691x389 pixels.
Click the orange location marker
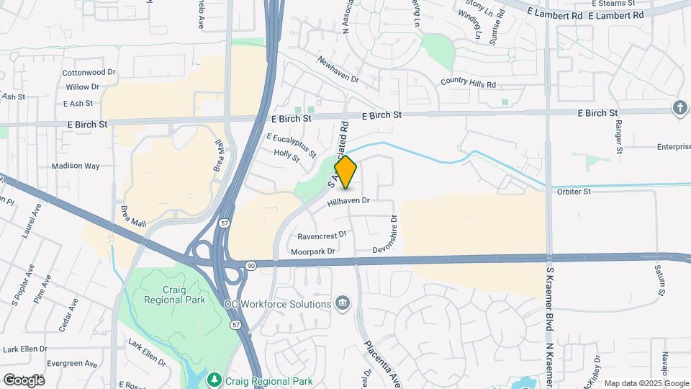345,173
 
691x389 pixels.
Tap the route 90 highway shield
249,265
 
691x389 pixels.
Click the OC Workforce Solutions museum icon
342,303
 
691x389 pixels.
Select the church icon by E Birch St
679,108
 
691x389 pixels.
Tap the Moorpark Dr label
313,251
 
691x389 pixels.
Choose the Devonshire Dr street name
386,233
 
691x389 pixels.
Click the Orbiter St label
573,192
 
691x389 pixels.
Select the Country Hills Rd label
469,84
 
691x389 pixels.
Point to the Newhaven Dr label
338,69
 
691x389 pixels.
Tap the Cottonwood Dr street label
89,73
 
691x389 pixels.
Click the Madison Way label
76,166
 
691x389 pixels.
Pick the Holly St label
286,154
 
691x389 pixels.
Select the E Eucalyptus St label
291,145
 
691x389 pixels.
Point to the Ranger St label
618,136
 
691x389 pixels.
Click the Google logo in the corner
24,380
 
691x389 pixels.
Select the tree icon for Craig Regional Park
214,379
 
